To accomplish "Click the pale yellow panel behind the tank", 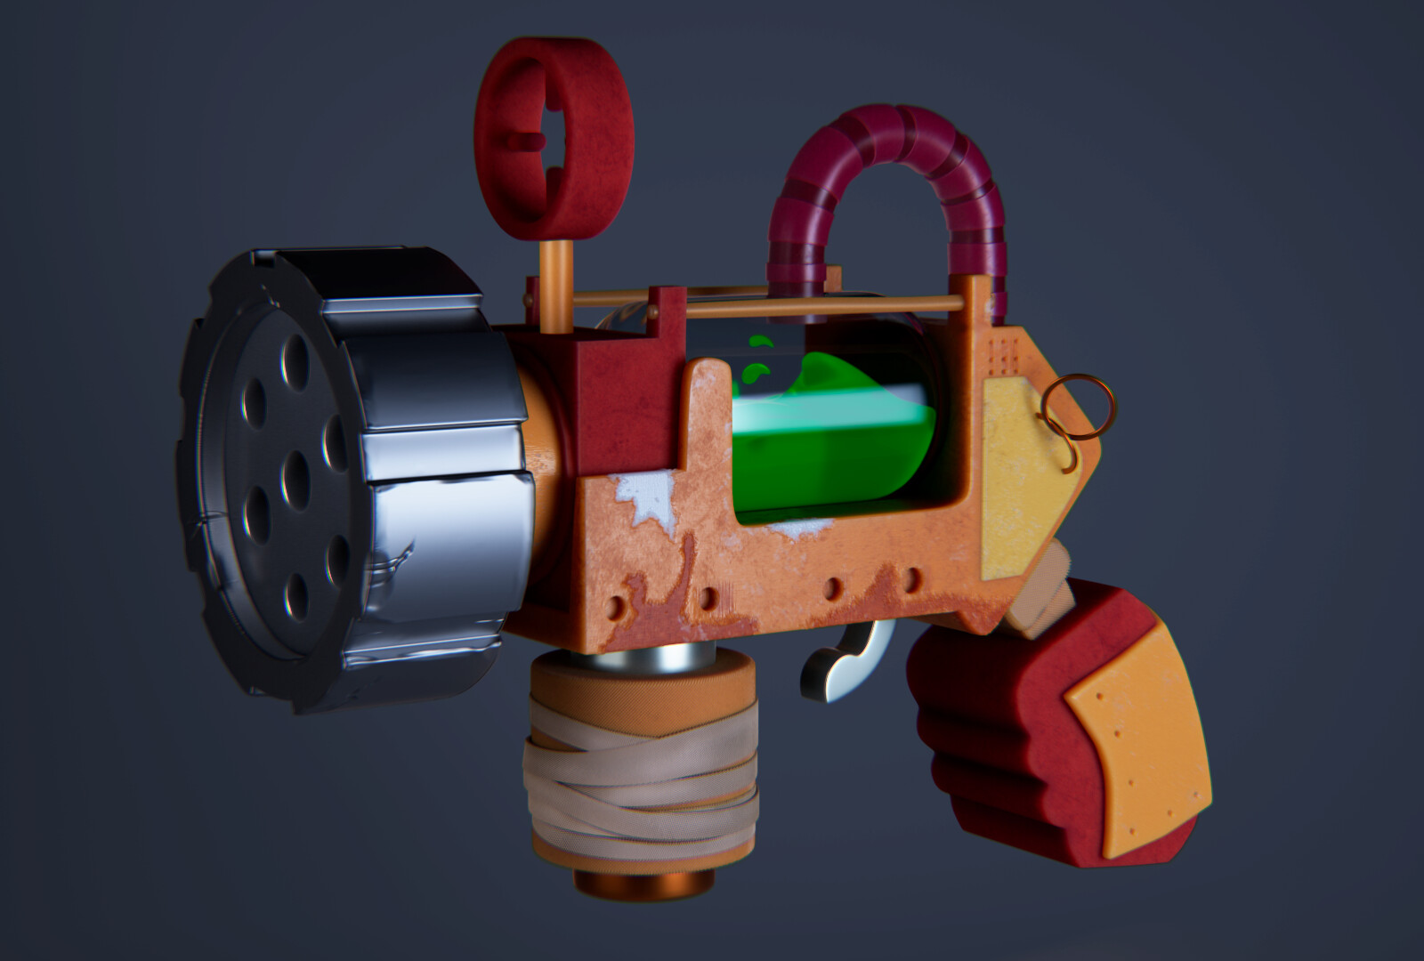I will [1023, 454].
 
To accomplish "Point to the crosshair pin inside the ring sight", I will [531, 141].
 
